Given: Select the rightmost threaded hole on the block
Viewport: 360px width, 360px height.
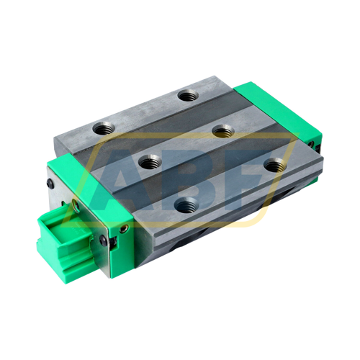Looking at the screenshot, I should (272, 165).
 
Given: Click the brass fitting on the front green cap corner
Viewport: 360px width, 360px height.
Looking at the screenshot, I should (123, 230).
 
